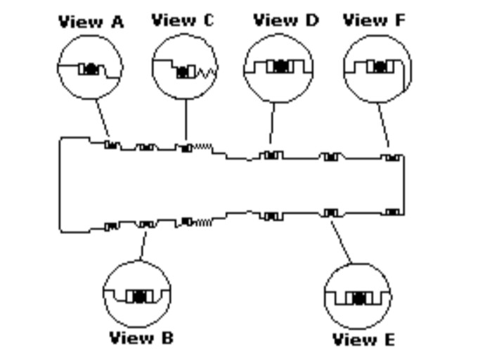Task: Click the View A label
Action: (91, 22)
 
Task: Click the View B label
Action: (141, 338)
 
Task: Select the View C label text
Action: (183, 20)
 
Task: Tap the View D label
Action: (285, 20)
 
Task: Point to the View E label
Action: (364, 340)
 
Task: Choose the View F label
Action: (375, 20)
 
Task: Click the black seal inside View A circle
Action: (90, 69)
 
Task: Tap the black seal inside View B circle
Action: (138, 296)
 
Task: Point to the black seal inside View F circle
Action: (380, 67)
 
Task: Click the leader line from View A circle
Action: (103, 118)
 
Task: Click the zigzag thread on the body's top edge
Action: (202, 147)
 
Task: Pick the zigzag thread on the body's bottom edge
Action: (202, 222)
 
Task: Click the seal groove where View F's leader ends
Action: (392, 158)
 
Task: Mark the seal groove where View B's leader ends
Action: (145, 224)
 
